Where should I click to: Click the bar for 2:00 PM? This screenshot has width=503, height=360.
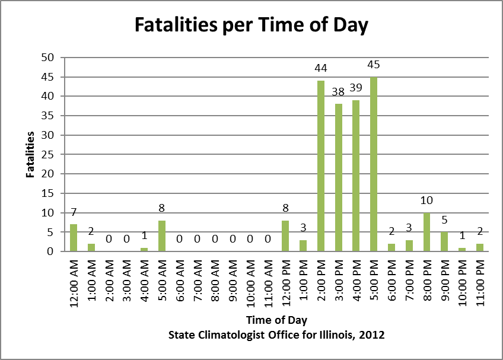321,166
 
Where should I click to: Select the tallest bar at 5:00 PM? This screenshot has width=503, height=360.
374,164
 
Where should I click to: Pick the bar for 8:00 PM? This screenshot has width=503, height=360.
427,232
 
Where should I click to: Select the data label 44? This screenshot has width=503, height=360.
321,68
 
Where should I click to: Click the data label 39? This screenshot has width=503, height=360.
356,88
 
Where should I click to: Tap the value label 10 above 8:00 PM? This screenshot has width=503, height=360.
427,200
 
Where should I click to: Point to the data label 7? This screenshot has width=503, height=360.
74,212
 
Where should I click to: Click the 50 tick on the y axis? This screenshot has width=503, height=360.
47,58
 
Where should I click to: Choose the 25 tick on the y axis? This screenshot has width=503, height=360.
47,155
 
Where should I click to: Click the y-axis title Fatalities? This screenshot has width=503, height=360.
29,155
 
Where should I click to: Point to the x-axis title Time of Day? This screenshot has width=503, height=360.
276,321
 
